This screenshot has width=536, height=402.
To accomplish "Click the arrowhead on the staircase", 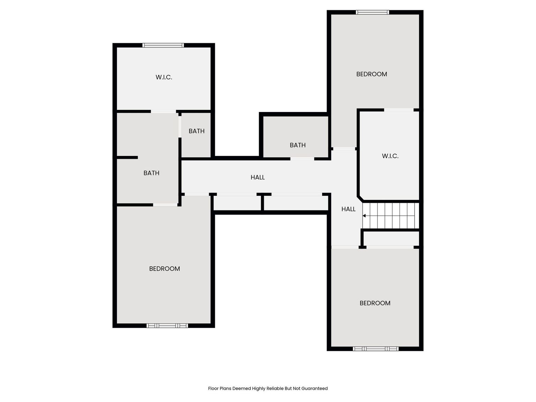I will point(364,216).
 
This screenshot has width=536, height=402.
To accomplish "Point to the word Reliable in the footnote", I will point(275,388).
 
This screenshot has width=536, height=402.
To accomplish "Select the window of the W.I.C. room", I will point(163,45).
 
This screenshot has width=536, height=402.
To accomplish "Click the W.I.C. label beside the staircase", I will point(390,156).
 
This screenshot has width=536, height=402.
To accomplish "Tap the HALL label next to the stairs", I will point(348,209).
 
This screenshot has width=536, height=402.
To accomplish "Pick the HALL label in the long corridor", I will point(258,177).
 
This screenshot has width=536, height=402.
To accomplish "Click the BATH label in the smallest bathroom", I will point(196,131).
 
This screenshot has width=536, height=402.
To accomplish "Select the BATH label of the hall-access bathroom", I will point(297,145).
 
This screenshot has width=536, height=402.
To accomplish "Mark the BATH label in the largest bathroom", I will point(151,173).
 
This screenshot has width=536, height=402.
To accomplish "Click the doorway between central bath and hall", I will point(302,159).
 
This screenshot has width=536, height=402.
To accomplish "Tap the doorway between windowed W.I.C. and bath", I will point(163,112).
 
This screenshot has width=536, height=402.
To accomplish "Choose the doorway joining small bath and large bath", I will point(180,126).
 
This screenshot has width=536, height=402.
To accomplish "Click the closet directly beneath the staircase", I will point(391,238).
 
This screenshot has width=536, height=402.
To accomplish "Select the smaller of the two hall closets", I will point(237,203).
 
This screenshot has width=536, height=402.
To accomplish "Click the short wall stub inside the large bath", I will point(127,158).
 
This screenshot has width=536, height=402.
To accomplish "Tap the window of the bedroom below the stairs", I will point(375,349).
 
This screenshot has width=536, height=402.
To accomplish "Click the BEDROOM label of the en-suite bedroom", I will point(164,269).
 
